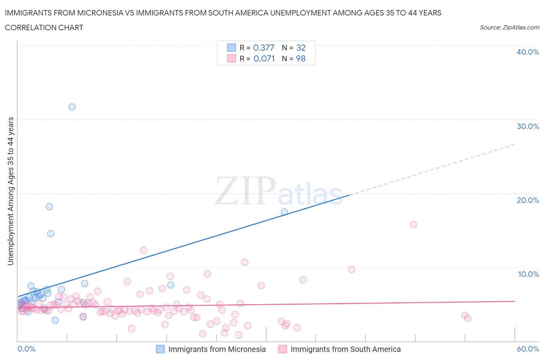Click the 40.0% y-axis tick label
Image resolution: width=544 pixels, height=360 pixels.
(527, 52)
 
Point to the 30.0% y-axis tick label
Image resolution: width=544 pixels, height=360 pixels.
(527, 126)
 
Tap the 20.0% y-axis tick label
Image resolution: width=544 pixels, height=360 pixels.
(527, 200)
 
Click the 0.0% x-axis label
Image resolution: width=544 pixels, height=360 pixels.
(26, 349)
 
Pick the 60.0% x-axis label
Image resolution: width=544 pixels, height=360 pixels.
(528, 349)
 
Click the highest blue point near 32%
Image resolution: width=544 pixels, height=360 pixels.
(72, 107)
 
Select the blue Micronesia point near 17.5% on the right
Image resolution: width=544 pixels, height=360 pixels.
(284, 212)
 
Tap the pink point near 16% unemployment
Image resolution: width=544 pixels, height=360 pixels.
(413, 225)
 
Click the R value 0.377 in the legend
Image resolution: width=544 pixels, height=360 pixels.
(263, 48)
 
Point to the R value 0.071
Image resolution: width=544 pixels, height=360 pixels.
(264, 58)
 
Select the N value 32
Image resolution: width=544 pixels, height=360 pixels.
(301, 48)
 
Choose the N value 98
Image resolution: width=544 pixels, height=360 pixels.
(301, 58)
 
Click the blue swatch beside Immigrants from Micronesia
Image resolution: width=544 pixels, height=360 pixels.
(160, 349)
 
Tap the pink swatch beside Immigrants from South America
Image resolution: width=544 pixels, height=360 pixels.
(283, 349)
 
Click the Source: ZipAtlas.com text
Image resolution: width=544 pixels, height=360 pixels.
(509, 27)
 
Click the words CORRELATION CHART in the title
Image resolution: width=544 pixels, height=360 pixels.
(44, 27)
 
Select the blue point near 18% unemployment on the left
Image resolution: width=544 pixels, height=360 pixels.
(49, 206)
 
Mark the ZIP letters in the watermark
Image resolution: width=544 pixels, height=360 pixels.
(245, 190)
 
